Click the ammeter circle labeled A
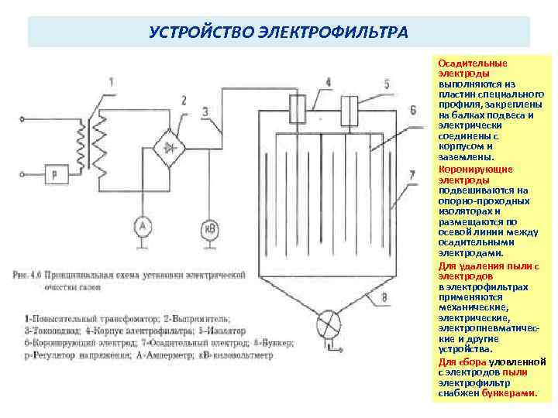pyautogui.click(x=141, y=226)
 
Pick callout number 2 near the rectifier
pyautogui.click(x=184, y=99)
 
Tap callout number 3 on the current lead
pyautogui.click(x=205, y=112)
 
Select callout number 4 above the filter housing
pyautogui.click(x=329, y=81)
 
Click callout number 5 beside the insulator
pyautogui.click(x=387, y=84)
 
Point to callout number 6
pyautogui.click(x=412, y=109)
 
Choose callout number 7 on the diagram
pyautogui.click(x=412, y=174)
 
